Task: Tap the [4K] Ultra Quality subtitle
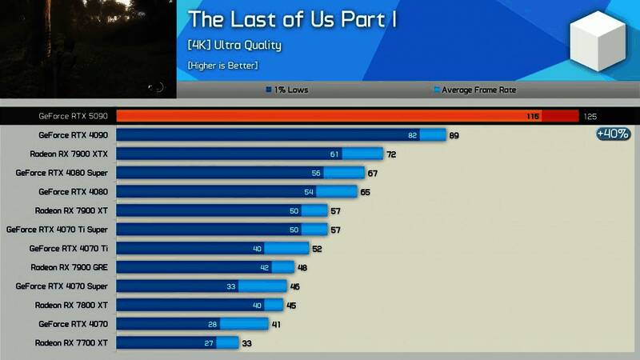[234, 45]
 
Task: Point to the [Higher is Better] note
[223, 65]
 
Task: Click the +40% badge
[613, 134]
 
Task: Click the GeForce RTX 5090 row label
[73, 116]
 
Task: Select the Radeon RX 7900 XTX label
[69, 154]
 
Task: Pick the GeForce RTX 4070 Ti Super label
[57, 229]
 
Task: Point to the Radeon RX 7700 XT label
[71, 342]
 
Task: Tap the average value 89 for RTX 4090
[454, 135]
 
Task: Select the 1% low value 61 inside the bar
[334, 154]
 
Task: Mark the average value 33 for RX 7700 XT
[247, 342]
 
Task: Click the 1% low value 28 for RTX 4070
[212, 323]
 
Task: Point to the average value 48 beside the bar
[302, 267]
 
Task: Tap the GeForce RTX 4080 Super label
[62, 173]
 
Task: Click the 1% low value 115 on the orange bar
[533, 117]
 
